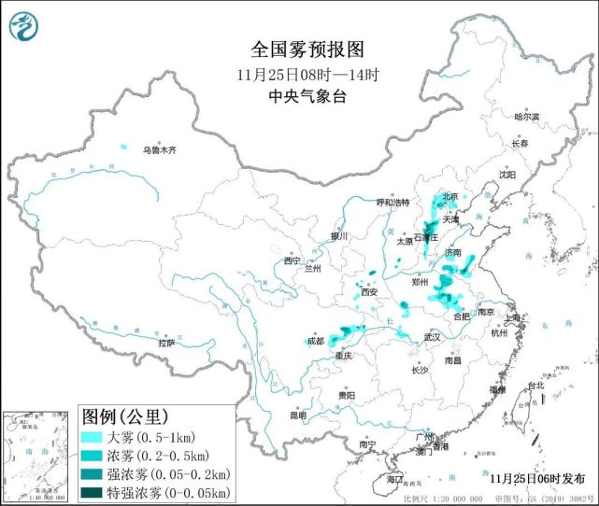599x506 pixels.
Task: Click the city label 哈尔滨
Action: [527, 117]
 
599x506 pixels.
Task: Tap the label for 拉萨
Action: [166, 344]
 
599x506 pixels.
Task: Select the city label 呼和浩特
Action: [392, 203]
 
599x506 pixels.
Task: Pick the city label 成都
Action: [313, 341]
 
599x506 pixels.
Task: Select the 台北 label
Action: [535, 386]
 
